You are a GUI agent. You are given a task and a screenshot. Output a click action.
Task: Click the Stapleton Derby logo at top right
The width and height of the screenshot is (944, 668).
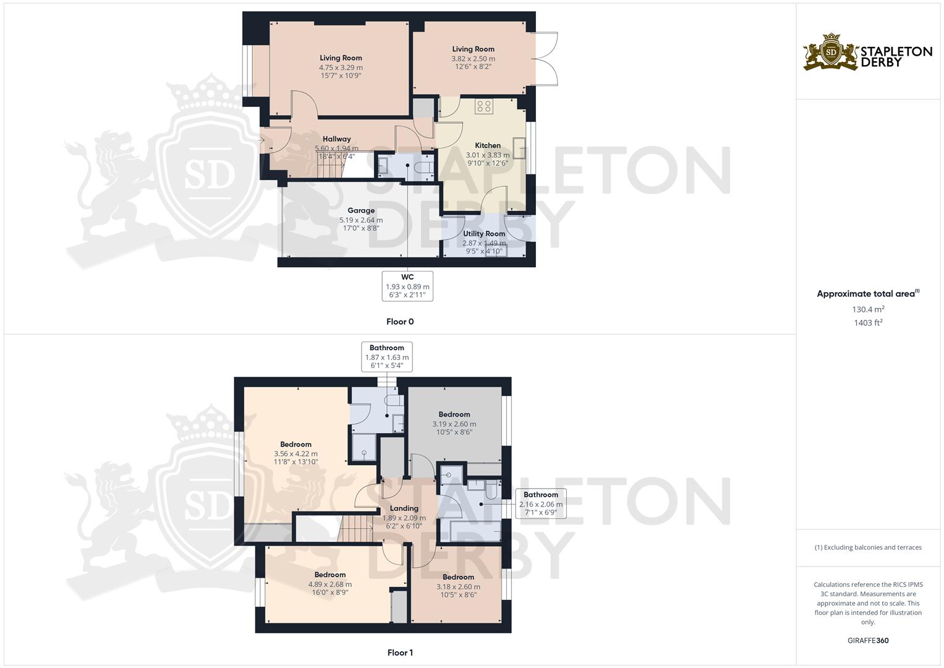867,52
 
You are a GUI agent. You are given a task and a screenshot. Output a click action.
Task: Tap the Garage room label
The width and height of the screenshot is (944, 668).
361,211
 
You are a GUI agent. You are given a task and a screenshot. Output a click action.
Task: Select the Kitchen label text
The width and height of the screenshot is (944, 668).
488,146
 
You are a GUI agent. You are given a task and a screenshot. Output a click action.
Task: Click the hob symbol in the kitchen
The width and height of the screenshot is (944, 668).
483,106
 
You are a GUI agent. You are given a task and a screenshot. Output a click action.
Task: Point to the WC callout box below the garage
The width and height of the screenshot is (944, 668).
407,286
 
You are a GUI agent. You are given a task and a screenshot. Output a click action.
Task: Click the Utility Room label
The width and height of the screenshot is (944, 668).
484,234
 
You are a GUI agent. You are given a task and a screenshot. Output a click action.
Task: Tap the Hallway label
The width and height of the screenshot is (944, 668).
336,139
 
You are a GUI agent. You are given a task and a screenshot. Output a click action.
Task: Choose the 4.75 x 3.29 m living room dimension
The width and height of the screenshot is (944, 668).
341,67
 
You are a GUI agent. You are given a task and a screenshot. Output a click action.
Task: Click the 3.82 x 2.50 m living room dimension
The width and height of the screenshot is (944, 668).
473,59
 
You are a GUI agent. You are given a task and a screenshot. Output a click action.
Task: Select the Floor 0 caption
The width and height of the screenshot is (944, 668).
400,322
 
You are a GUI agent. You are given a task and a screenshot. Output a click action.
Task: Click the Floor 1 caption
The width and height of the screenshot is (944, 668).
400,653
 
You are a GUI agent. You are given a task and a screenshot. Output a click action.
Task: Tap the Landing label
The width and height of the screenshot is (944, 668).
404,508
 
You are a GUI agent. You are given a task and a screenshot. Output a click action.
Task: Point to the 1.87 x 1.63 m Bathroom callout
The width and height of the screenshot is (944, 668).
387,357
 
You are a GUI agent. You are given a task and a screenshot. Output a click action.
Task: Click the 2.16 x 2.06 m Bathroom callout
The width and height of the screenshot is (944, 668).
541,504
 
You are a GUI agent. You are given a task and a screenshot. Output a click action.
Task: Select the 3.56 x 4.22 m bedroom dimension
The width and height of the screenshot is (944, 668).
296,454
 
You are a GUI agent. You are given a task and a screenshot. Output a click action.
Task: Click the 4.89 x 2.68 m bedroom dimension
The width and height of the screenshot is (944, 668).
330,584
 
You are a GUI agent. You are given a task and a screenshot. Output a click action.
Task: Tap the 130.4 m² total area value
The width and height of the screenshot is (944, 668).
868,309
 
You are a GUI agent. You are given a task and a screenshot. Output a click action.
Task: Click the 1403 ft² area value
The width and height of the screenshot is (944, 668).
868,323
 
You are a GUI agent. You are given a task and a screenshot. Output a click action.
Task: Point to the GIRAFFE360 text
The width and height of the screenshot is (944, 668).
868,641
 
